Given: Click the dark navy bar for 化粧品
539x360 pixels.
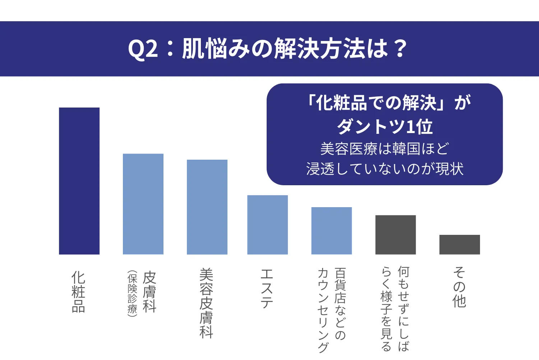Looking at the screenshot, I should [x=79, y=181].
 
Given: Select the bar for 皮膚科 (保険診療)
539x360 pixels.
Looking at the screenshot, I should [x=143, y=204].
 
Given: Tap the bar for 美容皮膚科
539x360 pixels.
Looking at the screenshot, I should [x=207, y=207].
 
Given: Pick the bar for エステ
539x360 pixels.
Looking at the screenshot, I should [x=267, y=225].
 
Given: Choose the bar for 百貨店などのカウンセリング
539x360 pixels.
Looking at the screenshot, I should [x=331, y=231].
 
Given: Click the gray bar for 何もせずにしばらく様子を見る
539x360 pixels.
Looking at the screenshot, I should [x=395, y=234].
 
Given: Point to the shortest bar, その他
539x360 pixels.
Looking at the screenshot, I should [x=459, y=245].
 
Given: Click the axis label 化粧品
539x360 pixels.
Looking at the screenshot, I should [x=78, y=292].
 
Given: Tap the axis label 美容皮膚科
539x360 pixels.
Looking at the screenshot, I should [x=206, y=303].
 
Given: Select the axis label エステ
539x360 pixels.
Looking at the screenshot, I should [x=267, y=288].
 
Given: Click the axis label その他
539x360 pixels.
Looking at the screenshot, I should [x=459, y=287].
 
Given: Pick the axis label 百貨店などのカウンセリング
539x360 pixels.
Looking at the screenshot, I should [x=331, y=309].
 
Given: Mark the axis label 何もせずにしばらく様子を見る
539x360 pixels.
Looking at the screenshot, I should [x=395, y=309].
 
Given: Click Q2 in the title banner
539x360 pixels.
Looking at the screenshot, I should [x=143, y=49].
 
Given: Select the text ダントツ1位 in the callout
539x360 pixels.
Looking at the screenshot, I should [x=384, y=127].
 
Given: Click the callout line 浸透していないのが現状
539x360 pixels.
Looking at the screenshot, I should [x=384, y=169].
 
